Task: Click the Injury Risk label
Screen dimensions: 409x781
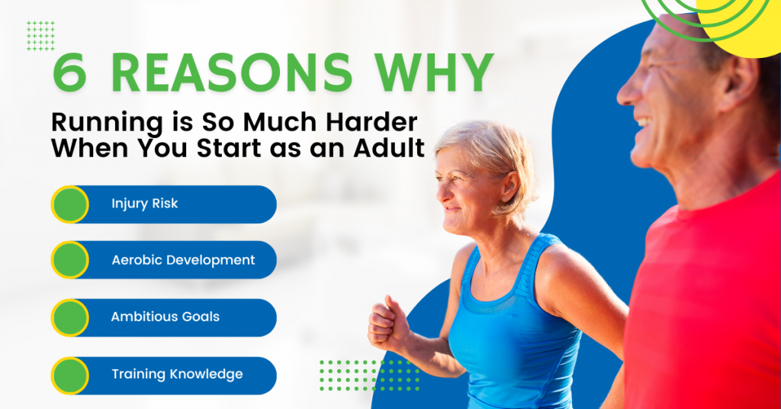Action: (x=145, y=204)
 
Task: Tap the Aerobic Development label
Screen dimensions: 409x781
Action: (x=183, y=260)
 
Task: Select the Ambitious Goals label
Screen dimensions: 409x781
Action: (x=166, y=317)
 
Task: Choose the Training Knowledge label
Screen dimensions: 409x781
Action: (x=177, y=374)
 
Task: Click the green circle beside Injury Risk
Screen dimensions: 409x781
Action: (x=70, y=204)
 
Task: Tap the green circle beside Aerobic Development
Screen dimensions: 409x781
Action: (x=70, y=260)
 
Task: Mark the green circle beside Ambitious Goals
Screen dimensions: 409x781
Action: (x=70, y=317)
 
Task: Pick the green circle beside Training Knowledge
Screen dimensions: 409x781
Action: (x=70, y=375)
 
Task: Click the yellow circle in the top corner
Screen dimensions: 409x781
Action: (x=744, y=23)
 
